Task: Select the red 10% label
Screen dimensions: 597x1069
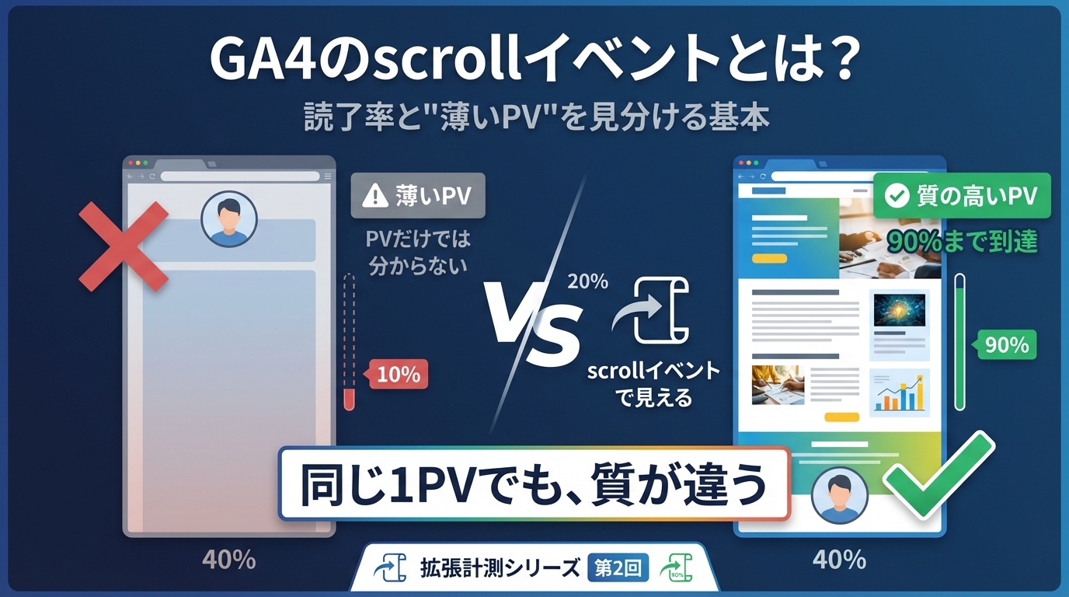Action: [x=398, y=375]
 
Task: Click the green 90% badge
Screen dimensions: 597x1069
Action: [x=1006, y=344]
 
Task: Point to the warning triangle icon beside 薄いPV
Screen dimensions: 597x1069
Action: [x=375, y=196]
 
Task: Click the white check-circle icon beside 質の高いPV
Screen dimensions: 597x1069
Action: [x=897, y=196]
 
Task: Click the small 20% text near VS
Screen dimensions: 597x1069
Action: [x=587, y=281]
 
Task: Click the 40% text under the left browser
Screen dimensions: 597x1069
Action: [x=228, y=559]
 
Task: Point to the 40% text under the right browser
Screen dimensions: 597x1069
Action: [x=839, y=559]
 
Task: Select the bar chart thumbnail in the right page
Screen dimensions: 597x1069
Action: [x=900, y=391]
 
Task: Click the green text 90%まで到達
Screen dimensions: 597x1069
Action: [x=963, y=241]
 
